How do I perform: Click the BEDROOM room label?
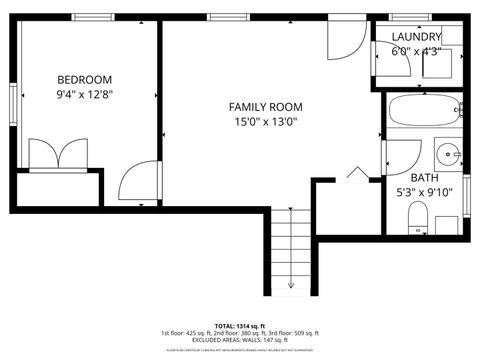[x=84, y=79]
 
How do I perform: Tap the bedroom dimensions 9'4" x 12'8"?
[x=84, y=95]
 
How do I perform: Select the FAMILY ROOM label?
[x=265, y=107]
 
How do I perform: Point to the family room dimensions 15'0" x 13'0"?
[x=265, y=123]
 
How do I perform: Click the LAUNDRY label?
[x=415, y=36]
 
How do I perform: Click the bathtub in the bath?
[x=419, y=111]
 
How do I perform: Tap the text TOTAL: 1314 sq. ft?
[x=240, y=326]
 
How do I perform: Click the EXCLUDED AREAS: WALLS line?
[x=240, y=342]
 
